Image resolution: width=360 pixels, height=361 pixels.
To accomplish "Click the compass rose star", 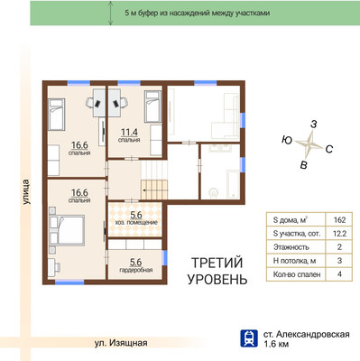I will pyautogui.click(x=309, y=143).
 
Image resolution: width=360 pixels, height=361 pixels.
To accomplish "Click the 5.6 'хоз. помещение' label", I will pyautogui.click(x=136, y=218).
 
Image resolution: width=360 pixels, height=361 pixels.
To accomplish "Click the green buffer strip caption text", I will pyautogui.click(x=197, y=14).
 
